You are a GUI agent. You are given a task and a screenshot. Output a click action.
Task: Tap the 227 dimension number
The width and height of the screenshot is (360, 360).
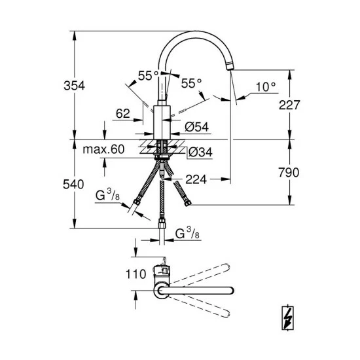pos(288,104)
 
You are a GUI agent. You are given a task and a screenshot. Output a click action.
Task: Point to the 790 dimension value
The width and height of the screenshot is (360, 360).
pos(288,173)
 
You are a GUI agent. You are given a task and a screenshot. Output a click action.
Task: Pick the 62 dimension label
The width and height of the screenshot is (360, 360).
pos(122,113)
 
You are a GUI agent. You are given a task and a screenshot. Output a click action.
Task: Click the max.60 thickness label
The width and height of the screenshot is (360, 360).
pos(103,149)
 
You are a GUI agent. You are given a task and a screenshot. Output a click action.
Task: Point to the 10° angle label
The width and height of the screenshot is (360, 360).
pos(265,86)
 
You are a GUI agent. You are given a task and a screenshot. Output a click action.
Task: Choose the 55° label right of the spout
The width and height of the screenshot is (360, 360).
pos(191,83)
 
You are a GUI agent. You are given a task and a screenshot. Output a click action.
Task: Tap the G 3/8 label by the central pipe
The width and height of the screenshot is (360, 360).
pos(189,234)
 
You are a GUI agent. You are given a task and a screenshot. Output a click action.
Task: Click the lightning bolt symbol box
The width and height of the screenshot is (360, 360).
pos(288,317)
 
